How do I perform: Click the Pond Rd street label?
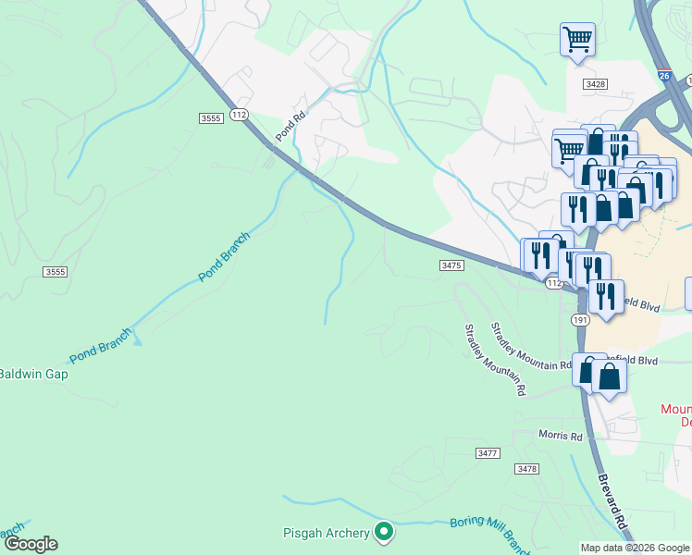click(x=290, y=128)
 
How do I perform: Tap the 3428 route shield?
click(x=595, y=84)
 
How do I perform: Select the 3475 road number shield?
click(x=451, y=265)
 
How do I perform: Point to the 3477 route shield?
click(x=488, y=453)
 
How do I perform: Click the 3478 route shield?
click(x=526, y=469)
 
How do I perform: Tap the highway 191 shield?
click(x=580, y=319)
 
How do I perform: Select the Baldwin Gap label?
click(x=33, y=375)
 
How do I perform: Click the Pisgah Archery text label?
click(x=325, y=533)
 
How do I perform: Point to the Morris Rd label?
click(x=562, y=435)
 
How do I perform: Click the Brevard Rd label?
click(x=614, y=505)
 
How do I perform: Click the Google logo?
click(x=30, y=544)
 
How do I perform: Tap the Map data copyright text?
click(x=634, y=548)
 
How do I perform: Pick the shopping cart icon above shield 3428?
click(x=577, y=40)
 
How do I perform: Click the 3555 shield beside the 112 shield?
click(x=211, y=117)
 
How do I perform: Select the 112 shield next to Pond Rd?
click(x=240, y=114)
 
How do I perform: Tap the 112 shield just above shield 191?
click(x=553, y=283)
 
